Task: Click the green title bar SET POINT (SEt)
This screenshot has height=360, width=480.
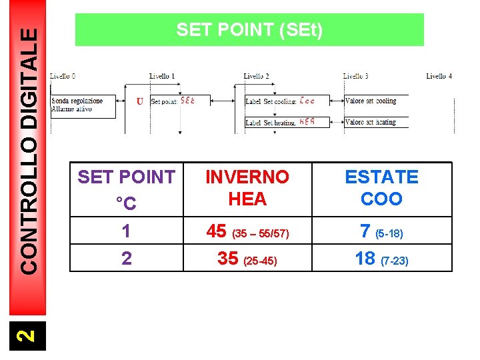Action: pos(249,30)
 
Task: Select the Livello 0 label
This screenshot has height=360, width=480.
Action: pos(63,77)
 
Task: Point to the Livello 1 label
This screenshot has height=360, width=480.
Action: pos(162,77)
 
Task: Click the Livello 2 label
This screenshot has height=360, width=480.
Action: pos(256,77)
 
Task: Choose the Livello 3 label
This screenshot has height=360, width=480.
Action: pos(355,77)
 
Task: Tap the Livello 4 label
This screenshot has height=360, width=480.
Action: pos(439,77)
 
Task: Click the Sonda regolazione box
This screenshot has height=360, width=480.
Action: pos(83,105)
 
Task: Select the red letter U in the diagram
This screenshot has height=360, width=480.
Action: pos(139,101)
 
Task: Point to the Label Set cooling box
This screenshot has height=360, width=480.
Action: pos(280,101)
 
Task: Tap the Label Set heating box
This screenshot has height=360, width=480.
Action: pos(280,123)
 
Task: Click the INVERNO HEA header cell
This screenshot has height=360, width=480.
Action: pos(247,188)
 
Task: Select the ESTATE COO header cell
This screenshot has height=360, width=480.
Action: pos(381,188)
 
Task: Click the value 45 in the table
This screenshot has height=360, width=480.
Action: pos(217,231)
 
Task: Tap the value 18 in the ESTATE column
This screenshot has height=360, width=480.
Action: pos(365,259)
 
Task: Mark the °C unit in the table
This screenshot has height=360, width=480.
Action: pos(126,203)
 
